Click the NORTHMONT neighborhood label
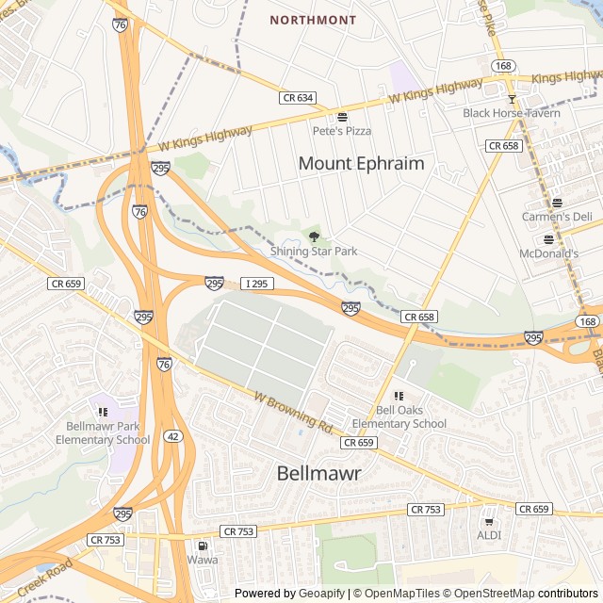[x=313, y=20]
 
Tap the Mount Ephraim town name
[x=361, y=163]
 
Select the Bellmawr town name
[x=319, y=474]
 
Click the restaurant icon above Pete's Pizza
[x=342, y=117]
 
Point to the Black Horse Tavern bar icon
[x=512, y=99]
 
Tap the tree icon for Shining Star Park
[x=314, y=236]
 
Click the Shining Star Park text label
[x=314, y=252]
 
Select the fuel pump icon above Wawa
[x=202, y=546]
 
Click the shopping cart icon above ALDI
[x=488, y=521]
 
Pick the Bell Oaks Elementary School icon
[x=399, y=396]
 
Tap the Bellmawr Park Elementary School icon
[x=103, y=411]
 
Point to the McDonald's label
[x=548, y=254]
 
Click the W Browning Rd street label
[x=295, y=413]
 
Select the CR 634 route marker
[x=297, y=97]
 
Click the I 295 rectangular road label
[x=257, y=283]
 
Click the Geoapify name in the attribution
[x=322, y=594]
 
